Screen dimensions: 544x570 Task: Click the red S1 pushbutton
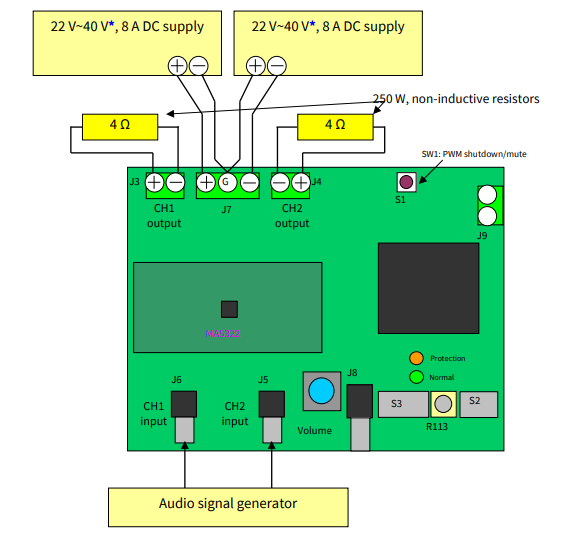[x=407, y=182]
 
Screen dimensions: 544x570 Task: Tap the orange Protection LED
[x=416, y=358]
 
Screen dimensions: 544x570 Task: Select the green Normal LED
[x=416, y=377]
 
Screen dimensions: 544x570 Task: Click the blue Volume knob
[x=321, y=391]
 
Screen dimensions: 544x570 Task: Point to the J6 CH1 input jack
[x=183, y=404]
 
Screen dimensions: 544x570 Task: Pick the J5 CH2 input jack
[x=271, y=404]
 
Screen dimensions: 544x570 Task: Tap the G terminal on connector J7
[x=227, y=182]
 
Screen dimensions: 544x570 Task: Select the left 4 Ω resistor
[x=119, y=126]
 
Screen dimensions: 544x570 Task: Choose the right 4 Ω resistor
[x=335, y=126]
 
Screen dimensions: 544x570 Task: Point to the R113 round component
[x=443, y=404]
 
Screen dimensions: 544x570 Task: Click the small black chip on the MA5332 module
[x=229, y=308]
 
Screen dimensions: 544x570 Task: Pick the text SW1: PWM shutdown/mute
[x=474, y=154]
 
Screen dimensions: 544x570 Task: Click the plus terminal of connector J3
[x=154, y=182]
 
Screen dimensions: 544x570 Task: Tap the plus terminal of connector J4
[x=301, y=182]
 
